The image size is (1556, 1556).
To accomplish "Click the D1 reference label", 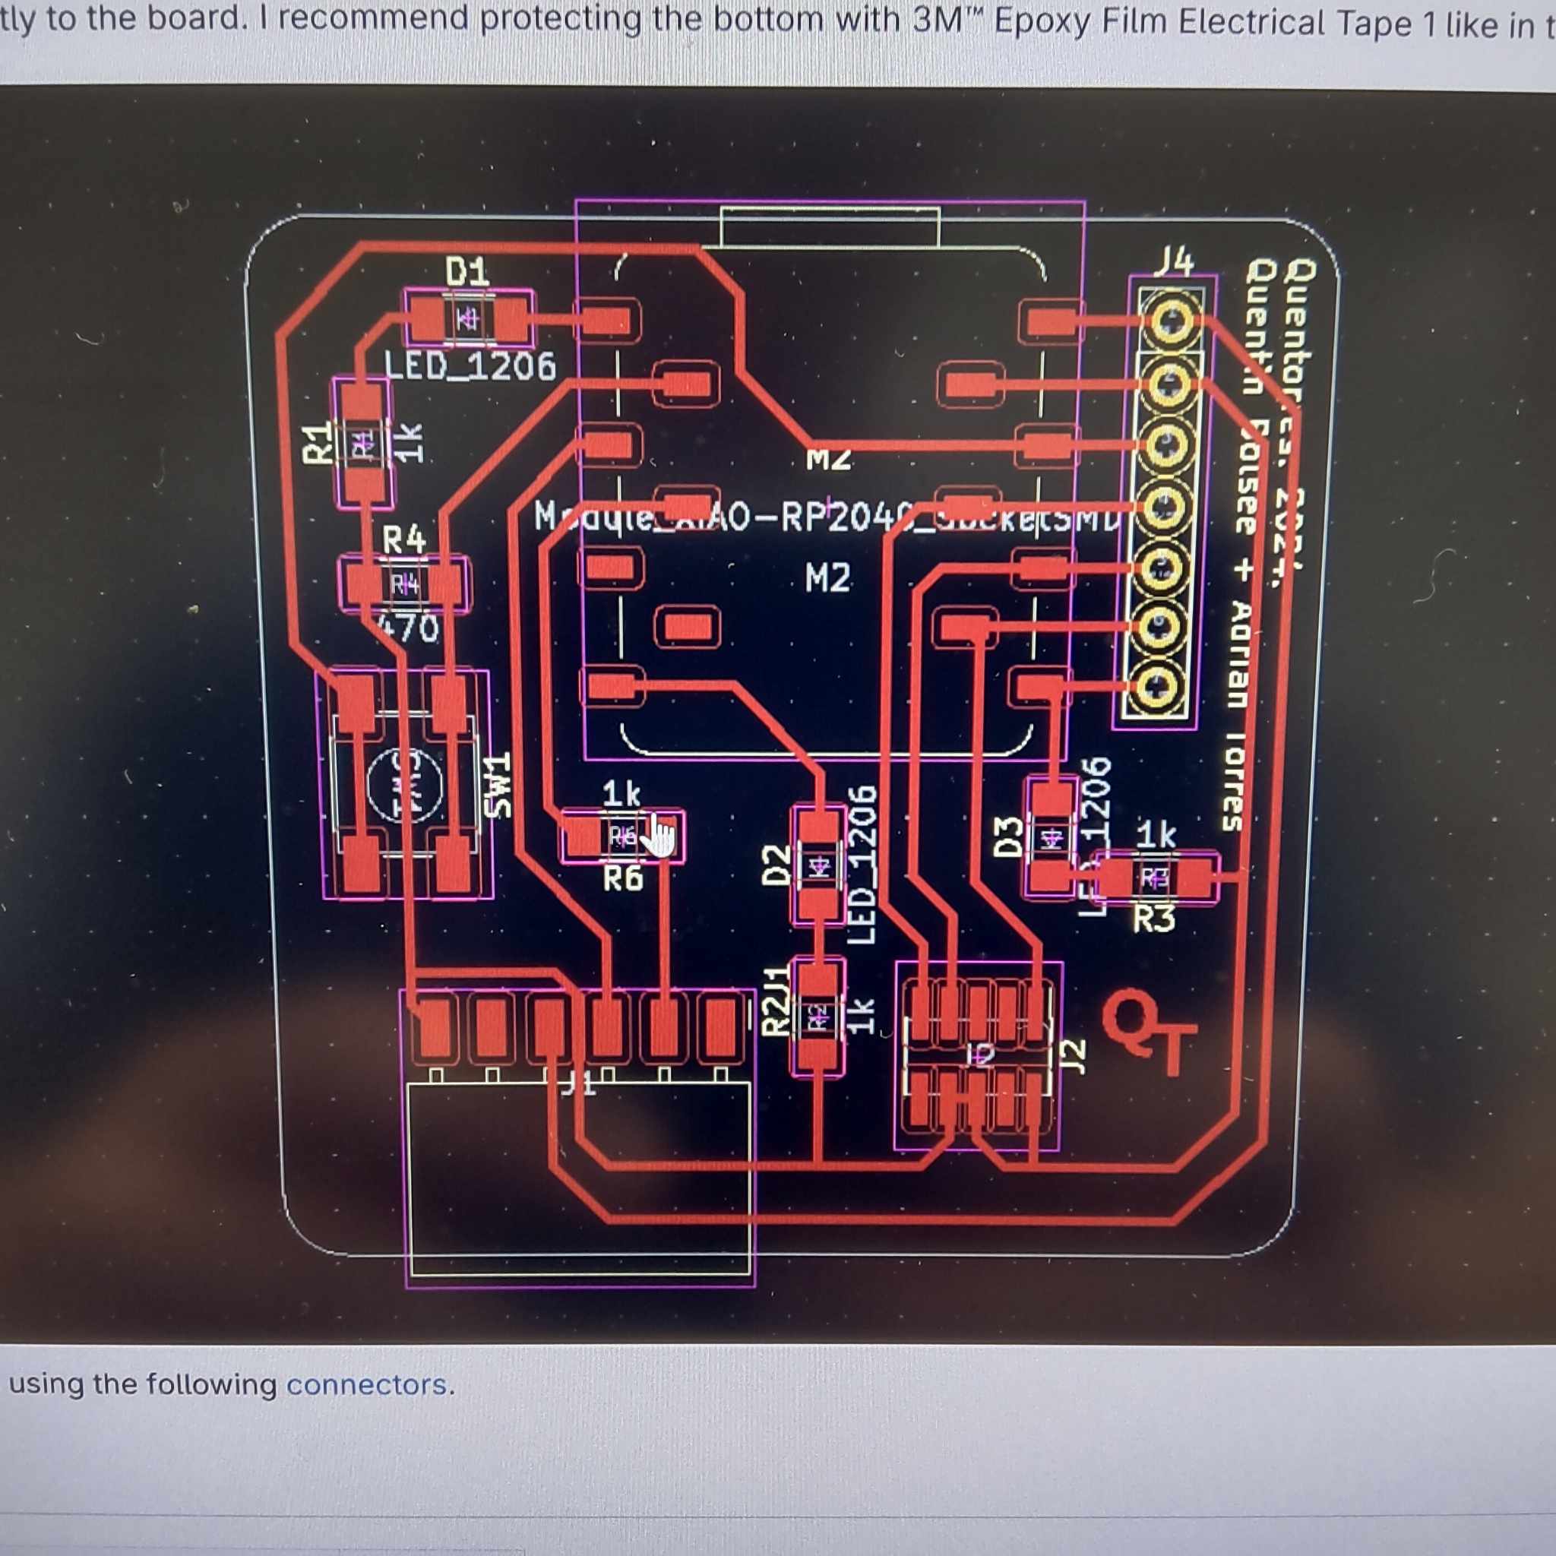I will [x=467, y=272].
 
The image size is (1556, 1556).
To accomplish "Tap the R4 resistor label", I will [x=403, y=539].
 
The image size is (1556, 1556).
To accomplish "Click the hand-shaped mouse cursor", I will [x=660, y=836].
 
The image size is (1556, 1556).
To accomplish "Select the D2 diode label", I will [x=775, y=864].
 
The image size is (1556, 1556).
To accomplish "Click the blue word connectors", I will [x=365, y=1384].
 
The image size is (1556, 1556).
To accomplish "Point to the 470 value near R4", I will [x=411, y=629].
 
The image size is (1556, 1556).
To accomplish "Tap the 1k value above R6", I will [x=621, y=795].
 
